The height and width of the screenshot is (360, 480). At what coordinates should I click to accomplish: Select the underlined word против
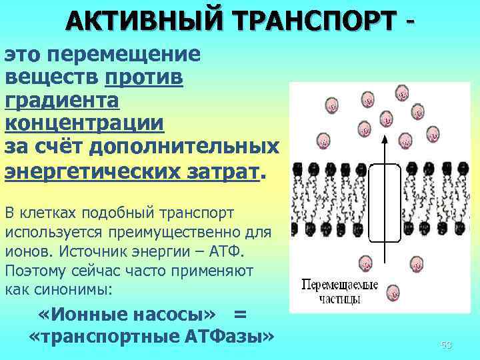pos(144,77)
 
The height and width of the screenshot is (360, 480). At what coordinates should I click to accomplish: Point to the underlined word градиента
pos(62,101)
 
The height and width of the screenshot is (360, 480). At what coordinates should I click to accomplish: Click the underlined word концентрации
pos(84,124)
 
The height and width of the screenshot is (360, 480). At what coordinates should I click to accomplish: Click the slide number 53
pos(446,345)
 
